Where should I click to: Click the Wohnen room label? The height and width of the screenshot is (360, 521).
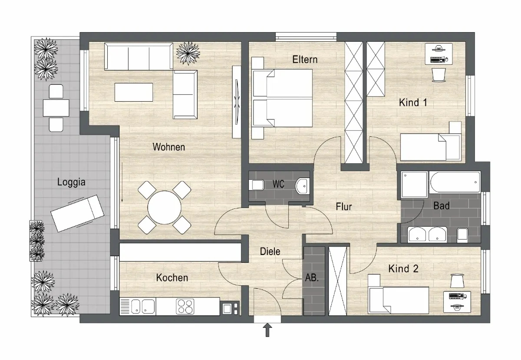point(168,147)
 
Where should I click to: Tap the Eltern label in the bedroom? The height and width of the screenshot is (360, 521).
point(305,59)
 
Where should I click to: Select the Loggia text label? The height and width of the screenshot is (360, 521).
point(71,182)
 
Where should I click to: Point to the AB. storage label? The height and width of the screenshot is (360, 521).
point(312,277)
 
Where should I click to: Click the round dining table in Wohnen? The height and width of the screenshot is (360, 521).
point(165,208)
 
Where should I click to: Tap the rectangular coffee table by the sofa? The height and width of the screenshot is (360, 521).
point(134,92)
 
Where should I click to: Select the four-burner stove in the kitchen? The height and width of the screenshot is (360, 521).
point(185,306)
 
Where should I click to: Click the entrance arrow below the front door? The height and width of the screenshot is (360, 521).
point(267,330)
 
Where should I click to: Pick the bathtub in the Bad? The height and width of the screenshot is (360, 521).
point(455,182)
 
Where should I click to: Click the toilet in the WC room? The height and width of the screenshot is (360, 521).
point(256,185)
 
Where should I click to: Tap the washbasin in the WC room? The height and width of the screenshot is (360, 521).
point(303,186)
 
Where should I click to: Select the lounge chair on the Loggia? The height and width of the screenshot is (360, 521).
point(77,213)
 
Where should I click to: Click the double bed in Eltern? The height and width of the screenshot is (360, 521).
point(282,98)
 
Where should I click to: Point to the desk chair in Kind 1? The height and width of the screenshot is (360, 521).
point(439,75)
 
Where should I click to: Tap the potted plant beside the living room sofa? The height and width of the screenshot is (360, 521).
point(188,53)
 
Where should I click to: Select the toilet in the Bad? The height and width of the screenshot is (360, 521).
point(462,235)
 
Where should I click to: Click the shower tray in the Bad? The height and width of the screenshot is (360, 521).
point(414,184)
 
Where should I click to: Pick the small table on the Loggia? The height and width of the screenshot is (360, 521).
point(56,108)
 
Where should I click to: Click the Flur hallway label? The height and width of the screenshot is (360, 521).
point(344,207)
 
